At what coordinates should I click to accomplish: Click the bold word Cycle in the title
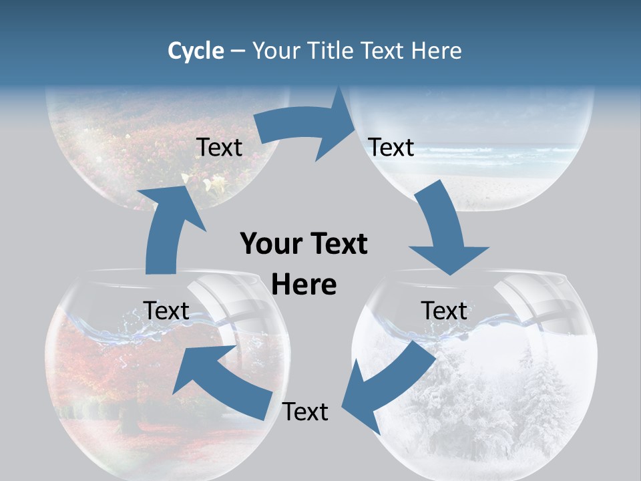[x=196, y=51]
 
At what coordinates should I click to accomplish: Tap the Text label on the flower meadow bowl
[x=219, y=147]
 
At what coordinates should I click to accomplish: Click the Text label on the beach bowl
[x=391, y=147]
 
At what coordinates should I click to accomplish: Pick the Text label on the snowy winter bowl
[x=444, y=311]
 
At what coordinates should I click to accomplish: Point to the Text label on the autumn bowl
[x=166, y=311]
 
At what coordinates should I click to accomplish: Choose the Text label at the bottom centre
[x=305, y=412]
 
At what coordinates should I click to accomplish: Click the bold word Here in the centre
[x=304, y=285]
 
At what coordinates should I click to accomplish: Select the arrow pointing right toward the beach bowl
[x=307, y=130]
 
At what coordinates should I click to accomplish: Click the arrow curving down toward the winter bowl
[x=444, y=234]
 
